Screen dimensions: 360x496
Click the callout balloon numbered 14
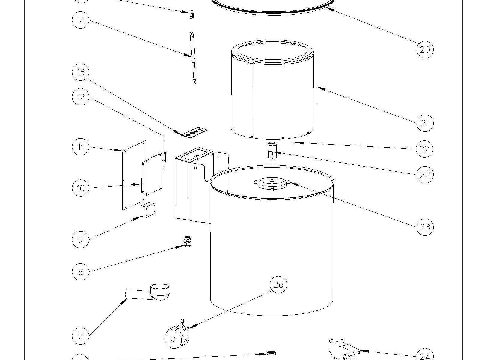pos(81,20)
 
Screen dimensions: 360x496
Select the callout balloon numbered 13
pos(81,72)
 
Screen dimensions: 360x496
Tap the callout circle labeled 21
pos(425,123)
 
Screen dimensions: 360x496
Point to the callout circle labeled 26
pos(278,284)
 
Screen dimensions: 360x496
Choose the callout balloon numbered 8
pos(81,272)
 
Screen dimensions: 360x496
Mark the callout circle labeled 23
pos(425,227)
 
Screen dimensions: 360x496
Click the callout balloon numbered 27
pos(425,149)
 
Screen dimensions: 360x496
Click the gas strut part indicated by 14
pos(193,58)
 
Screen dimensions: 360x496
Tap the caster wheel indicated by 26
pos(177,337)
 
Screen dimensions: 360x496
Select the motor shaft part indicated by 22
pos(272,152)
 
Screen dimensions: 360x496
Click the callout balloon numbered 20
pos(425,49)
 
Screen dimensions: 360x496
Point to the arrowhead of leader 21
pos(318,88)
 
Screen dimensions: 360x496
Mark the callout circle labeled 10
pos(81,188)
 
